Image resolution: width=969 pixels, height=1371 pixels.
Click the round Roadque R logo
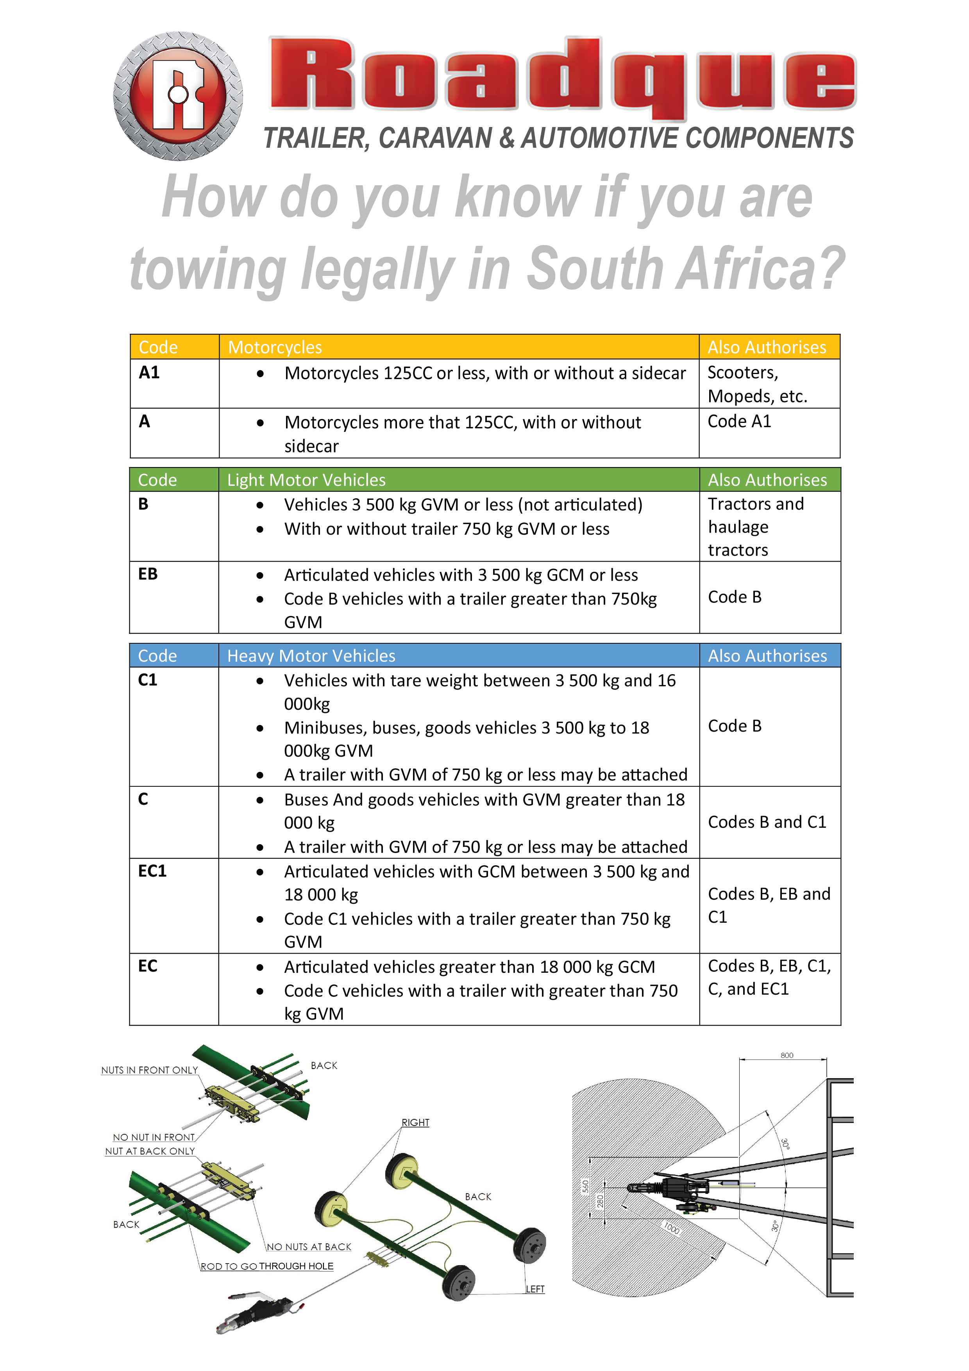(x=178, y=95)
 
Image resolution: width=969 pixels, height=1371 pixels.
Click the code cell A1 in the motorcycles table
(x=149, y=373)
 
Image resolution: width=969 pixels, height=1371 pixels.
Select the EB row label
(x=148, y=575)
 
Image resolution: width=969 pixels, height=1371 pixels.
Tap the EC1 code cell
(x=152, y=871)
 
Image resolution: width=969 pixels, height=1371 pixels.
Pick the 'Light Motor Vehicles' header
(x=306, y=480)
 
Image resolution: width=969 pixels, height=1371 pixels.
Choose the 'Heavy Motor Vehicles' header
(x=311, y=656)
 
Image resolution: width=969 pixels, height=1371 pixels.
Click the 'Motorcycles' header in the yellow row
(x=275, y=347)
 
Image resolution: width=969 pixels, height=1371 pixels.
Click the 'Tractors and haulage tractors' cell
(x=756, y=527)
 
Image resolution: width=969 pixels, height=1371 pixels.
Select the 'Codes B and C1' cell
(x=767, y=822)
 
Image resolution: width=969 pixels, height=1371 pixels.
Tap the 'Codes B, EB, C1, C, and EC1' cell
(x=769, y=977)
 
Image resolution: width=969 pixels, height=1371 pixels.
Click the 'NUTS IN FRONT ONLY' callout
(x=149, y=1070)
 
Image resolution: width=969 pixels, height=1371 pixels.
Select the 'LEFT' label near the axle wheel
(x=535, y=1289)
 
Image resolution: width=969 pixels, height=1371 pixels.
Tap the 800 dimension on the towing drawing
(x=787, y=1056)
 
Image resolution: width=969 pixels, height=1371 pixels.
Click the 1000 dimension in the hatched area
(x=672, y=1228)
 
